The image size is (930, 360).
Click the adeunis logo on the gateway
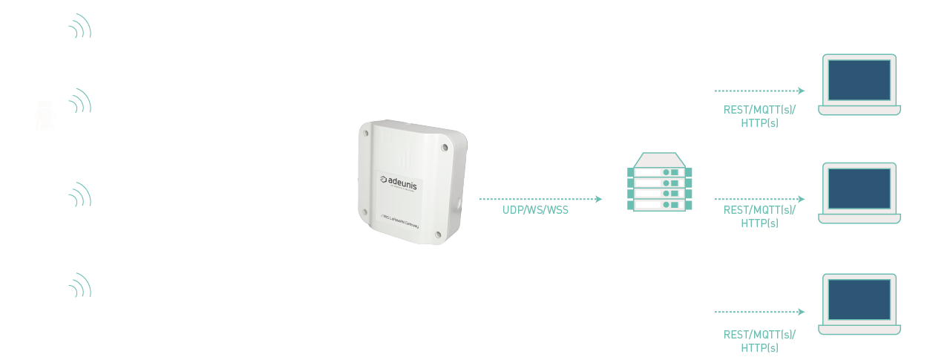tap(399, 182)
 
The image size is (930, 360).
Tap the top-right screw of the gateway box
tap(445, 147)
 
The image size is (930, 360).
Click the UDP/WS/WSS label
tap(535, 210)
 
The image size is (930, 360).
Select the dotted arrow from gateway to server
tap(540, 199)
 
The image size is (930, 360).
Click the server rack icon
tap(659, 183)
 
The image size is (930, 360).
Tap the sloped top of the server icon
tap(659, 159)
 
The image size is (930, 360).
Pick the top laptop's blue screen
tap(859, 80)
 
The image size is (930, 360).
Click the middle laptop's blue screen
tap(859, 189)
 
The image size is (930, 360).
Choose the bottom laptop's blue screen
tap(859, 300)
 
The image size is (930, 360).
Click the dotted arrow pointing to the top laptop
tap(759, 91)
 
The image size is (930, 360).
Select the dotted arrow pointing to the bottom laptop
tap(759, 312)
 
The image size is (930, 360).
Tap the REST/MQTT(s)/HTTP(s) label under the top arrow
tap(759, 116)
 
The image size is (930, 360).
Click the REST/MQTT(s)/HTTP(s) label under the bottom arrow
tap(759, 341)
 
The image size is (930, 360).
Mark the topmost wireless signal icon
tap(80, 27)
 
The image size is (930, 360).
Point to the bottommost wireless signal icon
tap(80, 286)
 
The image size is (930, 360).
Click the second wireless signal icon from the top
tap(80, 101)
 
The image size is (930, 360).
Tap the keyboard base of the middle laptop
tap(859, 219)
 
